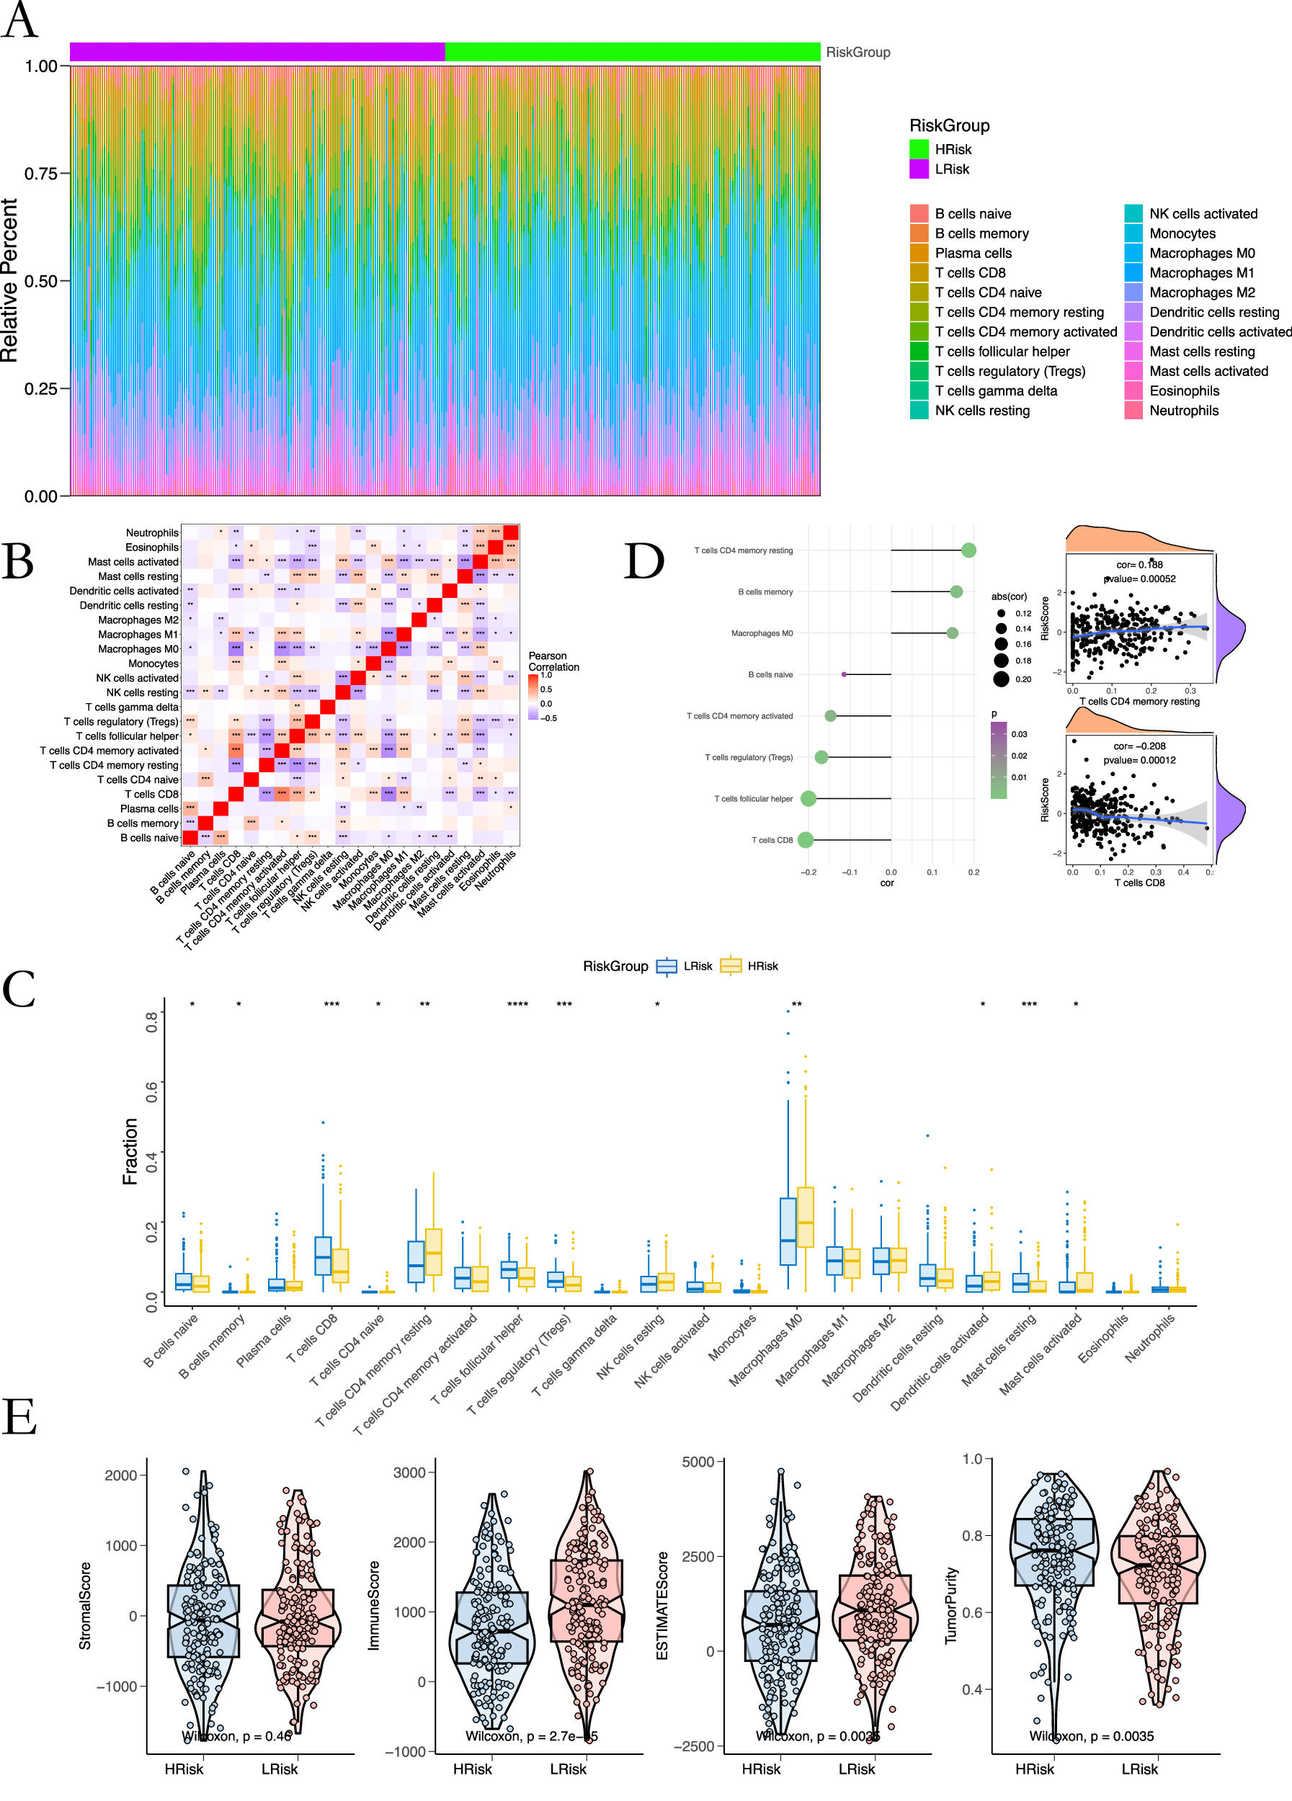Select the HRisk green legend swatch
click(x=919, y=149)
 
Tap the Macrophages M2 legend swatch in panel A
click(x=1133, y=292)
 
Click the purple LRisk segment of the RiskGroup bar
click(x=257, y=53)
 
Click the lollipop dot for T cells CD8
click(x=805, y=839)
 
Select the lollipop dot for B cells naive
click(x=843, y=674)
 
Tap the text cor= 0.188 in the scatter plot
click(x=1139, y=565)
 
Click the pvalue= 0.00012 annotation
click(x=1139, y=760)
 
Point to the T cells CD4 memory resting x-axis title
click(x=1139, y=701)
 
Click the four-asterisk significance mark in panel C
click(x=518, y=1004)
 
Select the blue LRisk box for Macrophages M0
click(x=788, y=1231)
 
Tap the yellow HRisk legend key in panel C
click(x=730, y=965)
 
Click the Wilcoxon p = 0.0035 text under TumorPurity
click(x=1091, y=1736)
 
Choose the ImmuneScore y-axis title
click(x=374, y=1605)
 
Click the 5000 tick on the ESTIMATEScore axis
click(x=698, y=1462)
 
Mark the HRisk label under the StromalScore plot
click(x=184, y=1769)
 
